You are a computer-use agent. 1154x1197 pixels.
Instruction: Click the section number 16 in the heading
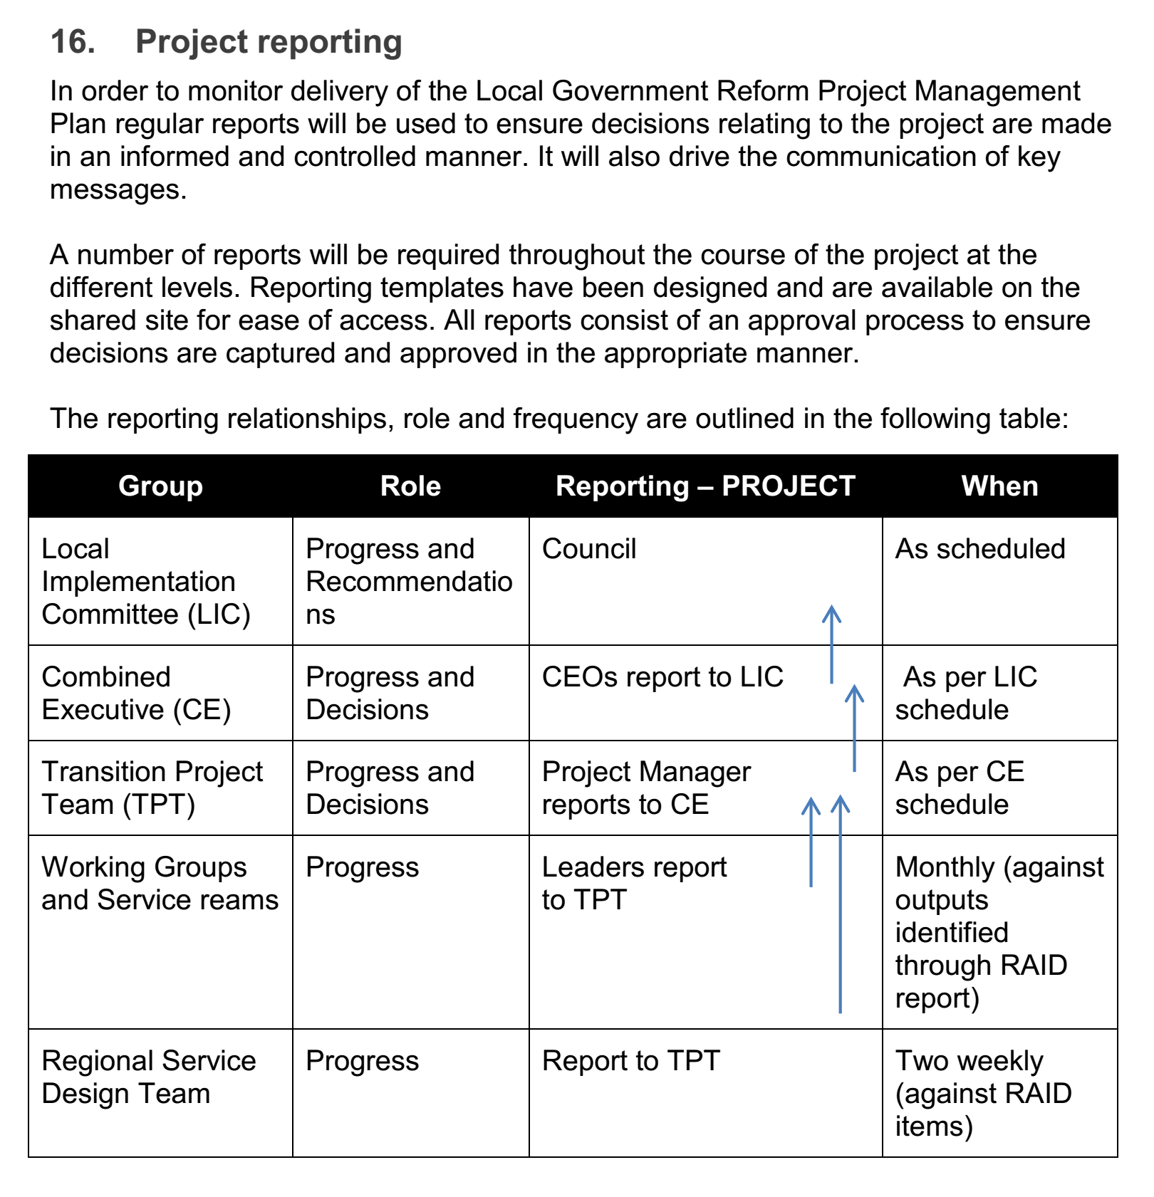click(72, 41)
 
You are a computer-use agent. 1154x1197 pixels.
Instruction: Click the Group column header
click(160, 486)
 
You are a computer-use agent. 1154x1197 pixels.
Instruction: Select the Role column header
click(410, 486)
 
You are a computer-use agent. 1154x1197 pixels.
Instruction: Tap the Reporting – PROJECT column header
click(705, 486)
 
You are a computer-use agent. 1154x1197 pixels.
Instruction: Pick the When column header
click(999, 486)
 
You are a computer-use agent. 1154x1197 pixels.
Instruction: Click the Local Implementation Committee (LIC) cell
click(146, 581)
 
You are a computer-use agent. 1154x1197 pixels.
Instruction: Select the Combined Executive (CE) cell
click(136, 693)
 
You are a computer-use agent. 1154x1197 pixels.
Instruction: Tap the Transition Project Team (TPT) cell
click(152, 788)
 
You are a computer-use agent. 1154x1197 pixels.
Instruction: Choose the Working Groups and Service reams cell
click(160, 883)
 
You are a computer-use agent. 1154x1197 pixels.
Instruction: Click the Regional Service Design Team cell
click(148, 1077)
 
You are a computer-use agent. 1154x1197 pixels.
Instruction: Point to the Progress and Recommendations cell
click(409, 581)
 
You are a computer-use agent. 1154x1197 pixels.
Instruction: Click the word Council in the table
click(588, 549)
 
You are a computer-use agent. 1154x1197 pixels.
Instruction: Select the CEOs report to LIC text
click(662, 677)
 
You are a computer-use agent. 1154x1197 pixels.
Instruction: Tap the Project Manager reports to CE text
click(645, 788)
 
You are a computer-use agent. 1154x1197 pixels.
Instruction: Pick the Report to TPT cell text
click(630, 1061)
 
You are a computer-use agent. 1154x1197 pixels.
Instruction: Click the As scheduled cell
click(979, 549)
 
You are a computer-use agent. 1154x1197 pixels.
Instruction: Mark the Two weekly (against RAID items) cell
click(983, 1093)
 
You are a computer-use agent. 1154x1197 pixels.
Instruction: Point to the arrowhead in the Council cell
click(831, 612)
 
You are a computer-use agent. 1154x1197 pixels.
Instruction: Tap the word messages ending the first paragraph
click(118, 190)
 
